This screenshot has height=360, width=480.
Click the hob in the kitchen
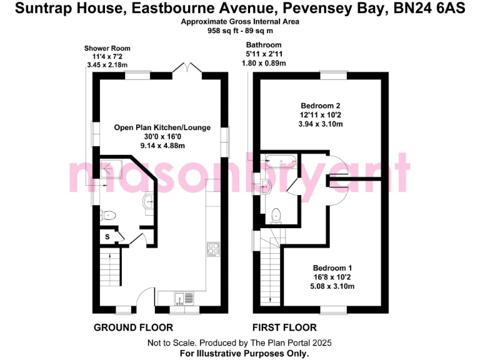click(212, 249)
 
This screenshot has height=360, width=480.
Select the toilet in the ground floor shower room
click(109, 215)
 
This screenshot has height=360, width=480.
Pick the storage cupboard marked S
click(107, 237)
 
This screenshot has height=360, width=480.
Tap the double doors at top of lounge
click(186, 68)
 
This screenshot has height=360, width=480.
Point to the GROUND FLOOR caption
click(133, 327)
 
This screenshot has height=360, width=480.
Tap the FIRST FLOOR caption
click(284, 327)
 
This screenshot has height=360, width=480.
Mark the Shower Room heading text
click(107, 49)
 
